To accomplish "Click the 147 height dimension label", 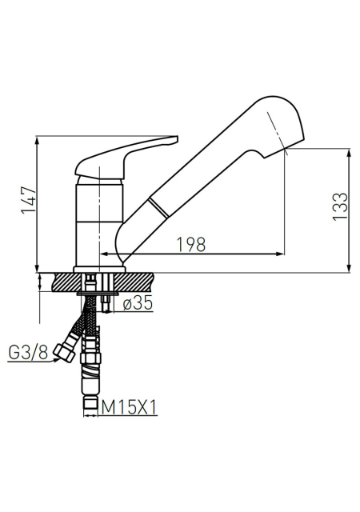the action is (x=29, y=200).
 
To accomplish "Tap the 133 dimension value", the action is (x=340, y=206).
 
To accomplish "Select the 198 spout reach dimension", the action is (x=191, y=244).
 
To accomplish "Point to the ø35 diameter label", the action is (x=138, y=303).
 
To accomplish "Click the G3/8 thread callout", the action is (x=28, y=352).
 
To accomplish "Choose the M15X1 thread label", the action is (x=129, y=407).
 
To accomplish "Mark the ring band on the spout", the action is (x=159, y=208).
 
